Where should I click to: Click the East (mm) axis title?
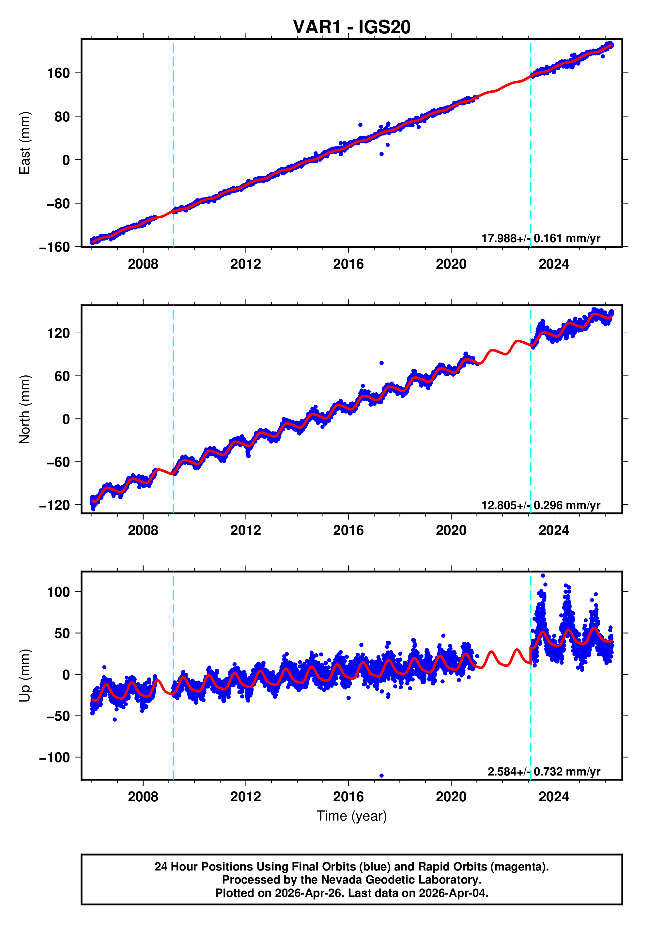pos(24,143)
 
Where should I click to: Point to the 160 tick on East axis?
pos(59,73)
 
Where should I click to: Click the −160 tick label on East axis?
pos(55,247)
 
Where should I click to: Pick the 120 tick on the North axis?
pos(59,333)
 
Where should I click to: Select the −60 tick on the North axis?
pos(58,462)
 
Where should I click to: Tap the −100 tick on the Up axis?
pos(55,758)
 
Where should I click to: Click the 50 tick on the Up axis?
pos(62,633)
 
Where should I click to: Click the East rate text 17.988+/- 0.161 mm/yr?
pos(540,238)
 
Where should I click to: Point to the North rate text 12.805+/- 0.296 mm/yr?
pos(540,505)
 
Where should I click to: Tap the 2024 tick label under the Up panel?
pos(553,796)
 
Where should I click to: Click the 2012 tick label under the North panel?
pos(245,531)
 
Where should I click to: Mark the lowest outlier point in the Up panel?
pos(381,776)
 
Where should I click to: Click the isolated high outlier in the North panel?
pos(381,363)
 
